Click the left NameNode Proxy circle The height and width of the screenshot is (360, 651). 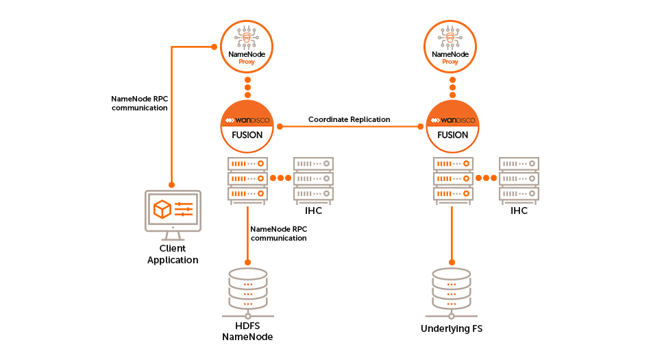click(x=247, y=47)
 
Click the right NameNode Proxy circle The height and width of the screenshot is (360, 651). click(x=451, y=47)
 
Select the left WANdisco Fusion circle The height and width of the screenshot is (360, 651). click(x=247, y=127)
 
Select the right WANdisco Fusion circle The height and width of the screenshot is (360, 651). click(x=452, y=127)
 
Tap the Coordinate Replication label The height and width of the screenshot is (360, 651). click(x=349, y=119)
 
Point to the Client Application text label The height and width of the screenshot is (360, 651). click(x=173, y=254)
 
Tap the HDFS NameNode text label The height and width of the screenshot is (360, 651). click(x=247, y=331)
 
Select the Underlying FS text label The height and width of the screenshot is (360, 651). click(x=452, y=329)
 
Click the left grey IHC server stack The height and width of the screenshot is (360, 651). click(x=313, y=179)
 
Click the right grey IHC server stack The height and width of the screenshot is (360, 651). click(x=519, y=179)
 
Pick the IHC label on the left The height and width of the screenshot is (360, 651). click(x=313, y=211)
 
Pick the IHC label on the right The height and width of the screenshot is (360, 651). click(x=519, y=211)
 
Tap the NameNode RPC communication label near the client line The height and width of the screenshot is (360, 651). click(x=139, y=103)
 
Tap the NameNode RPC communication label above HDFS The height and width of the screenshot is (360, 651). click(x=278, y=233)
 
